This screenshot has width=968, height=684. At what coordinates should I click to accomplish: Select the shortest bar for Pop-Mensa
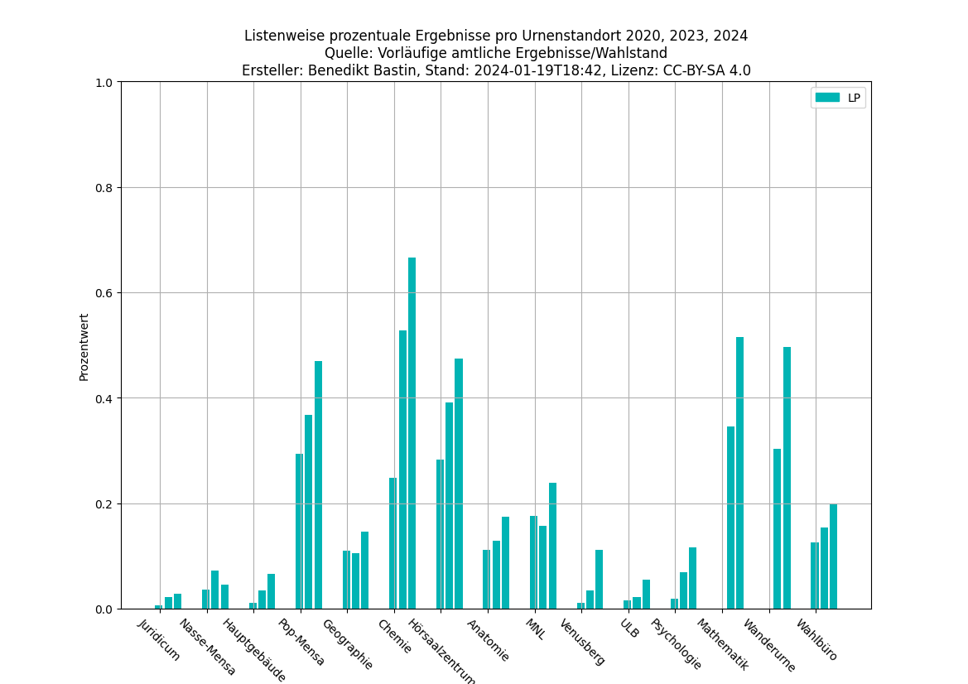[x=299, y=531]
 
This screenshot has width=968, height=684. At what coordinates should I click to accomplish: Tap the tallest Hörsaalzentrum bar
[x=459, y=484]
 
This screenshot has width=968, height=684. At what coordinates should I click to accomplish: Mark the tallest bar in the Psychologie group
[x=692, y=578]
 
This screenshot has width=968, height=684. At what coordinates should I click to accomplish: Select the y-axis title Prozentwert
[x=84, y=346]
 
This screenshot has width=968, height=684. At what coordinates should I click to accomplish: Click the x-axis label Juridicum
[x=160, y=639]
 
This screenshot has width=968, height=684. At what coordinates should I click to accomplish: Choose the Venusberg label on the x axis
[x=583, y=641]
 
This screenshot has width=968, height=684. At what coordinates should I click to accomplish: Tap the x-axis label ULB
[x=629, y=629]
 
